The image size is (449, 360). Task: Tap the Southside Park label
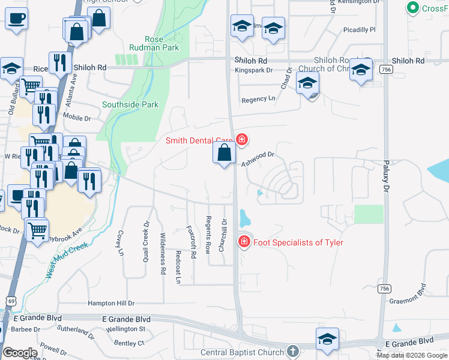[x=130, y=104]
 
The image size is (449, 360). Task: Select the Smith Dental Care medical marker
[x=241, y=140]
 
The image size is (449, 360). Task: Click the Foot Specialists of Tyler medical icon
[x=244, y=242]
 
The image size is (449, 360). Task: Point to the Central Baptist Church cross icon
[x=292, y=351]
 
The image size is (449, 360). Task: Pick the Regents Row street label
[x=208, y=233]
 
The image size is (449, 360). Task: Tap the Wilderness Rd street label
[x=163, y=253]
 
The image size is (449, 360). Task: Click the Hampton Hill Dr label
[x=111, y=304]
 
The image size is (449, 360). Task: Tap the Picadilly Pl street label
[x=359, y=29]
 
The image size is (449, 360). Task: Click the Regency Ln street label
[x=258, y=99]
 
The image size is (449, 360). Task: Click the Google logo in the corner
[x=20, y=353]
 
